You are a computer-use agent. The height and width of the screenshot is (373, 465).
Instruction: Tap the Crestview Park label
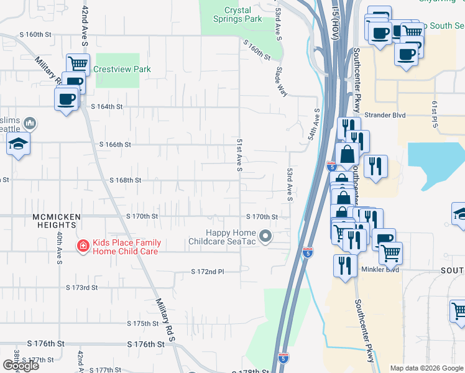click(x=122, y=70)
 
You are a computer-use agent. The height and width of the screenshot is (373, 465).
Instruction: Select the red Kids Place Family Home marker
click(x=82, y=247)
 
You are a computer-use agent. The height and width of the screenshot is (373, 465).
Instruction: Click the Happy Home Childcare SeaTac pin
click(x=266, y=236)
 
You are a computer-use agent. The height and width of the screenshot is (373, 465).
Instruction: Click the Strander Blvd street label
click(x=385, y=115)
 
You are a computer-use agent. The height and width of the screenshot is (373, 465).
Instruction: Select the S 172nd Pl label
click(x=207, y=272)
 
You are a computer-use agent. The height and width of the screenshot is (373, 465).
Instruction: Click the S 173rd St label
click(x=82, y=288)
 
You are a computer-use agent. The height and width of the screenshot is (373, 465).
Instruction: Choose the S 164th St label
click(x=106, y=107)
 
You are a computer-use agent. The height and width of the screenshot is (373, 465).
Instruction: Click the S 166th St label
click(x=115, y=145)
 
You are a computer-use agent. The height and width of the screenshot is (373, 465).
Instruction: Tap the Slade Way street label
click(x=281, y=81)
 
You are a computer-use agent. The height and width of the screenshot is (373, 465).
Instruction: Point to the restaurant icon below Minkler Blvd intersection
click(x=344, y=265)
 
